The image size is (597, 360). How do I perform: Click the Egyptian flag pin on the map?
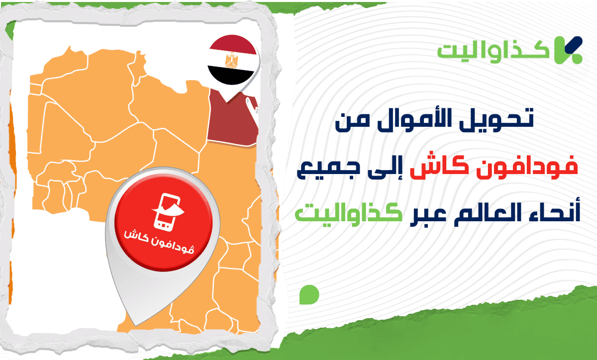coord(233,62)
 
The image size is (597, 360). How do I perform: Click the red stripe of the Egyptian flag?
coord(233,46)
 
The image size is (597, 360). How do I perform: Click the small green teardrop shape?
coord(308,294)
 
